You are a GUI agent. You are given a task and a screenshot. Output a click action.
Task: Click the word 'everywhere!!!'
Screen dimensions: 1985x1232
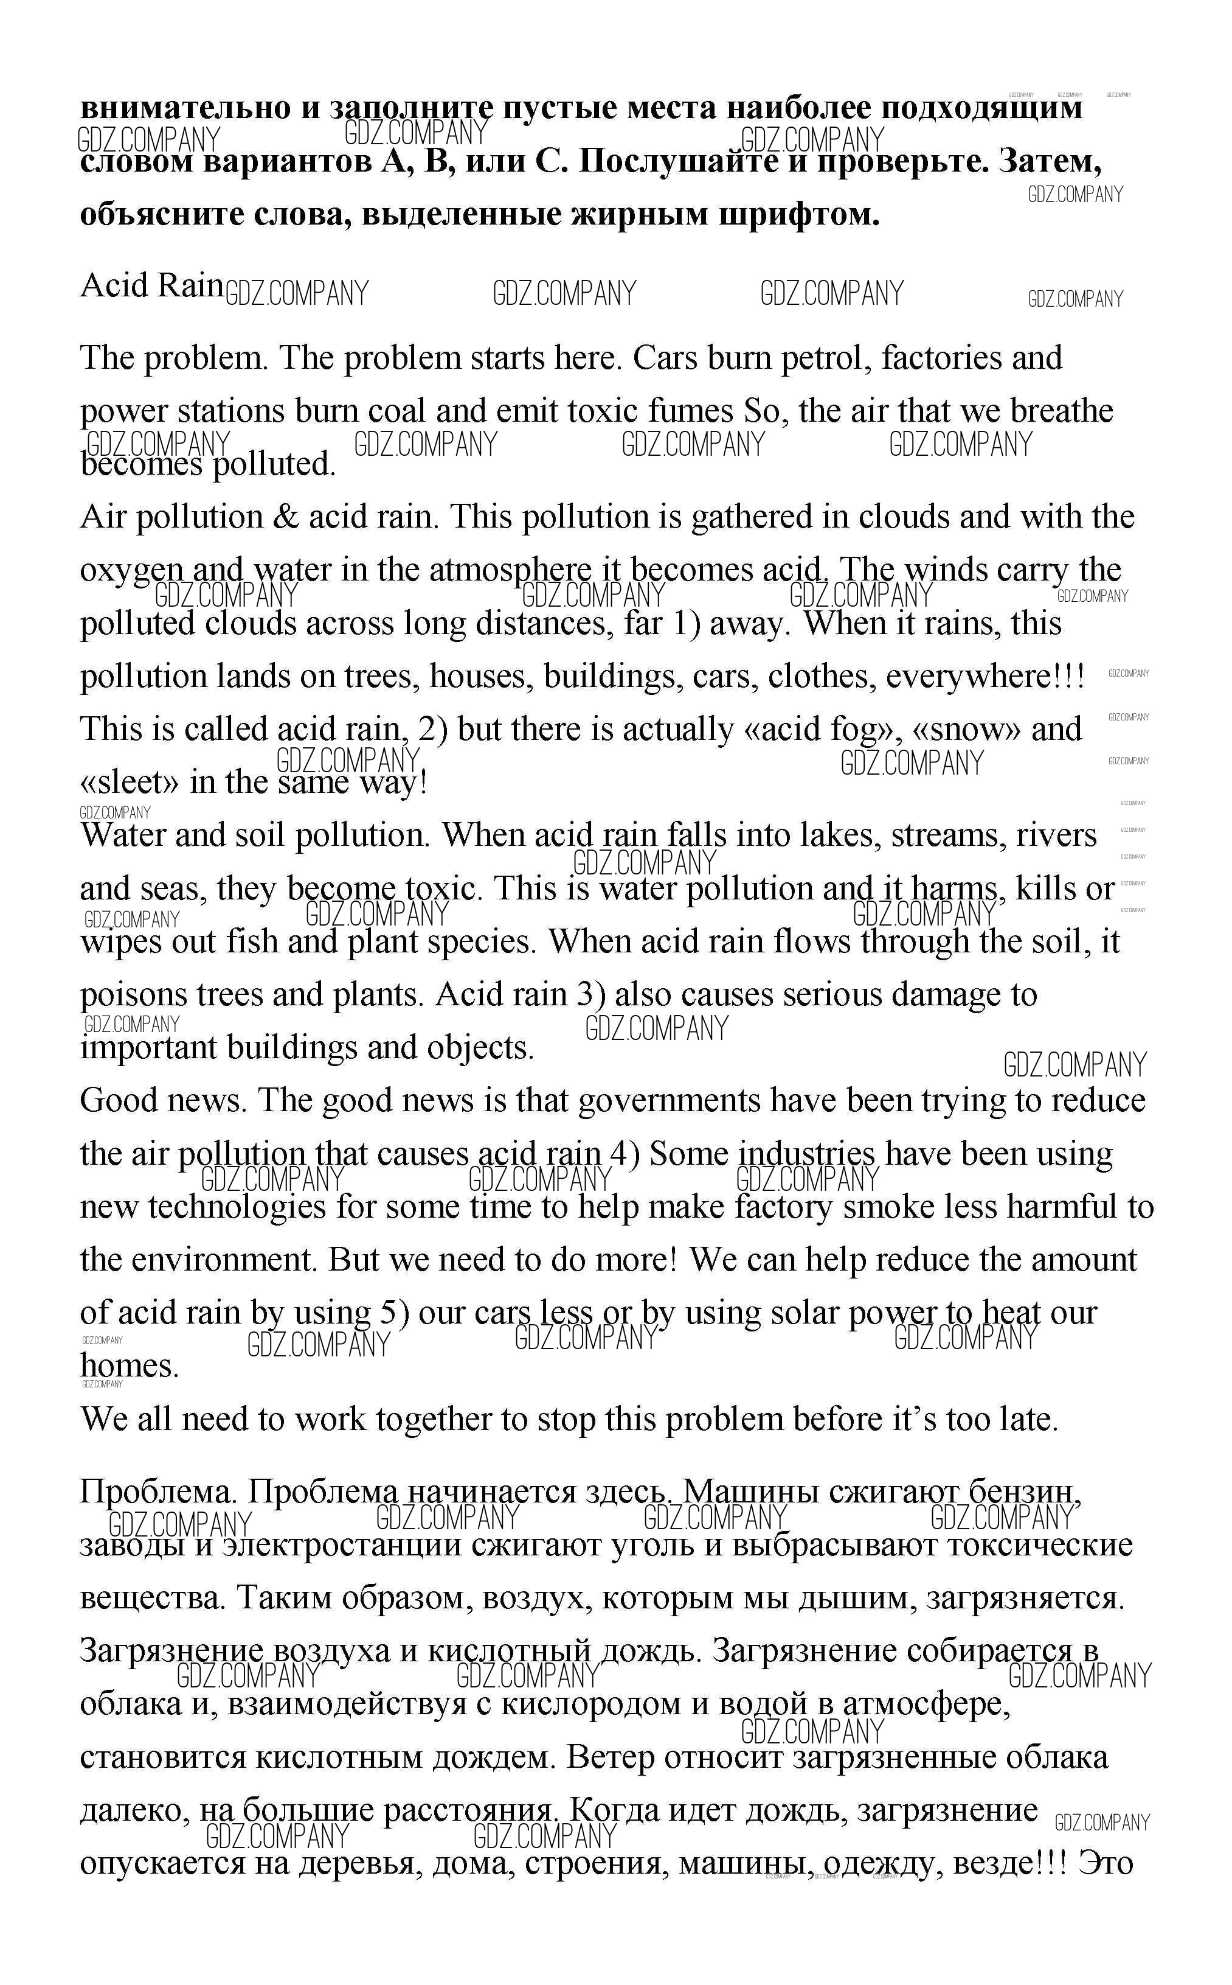pos(985,677)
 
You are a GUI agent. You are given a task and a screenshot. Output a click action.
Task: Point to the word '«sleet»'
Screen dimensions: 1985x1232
pos(130,783)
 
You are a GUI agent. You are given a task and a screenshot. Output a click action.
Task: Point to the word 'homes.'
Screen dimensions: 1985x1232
pos(129,1366)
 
